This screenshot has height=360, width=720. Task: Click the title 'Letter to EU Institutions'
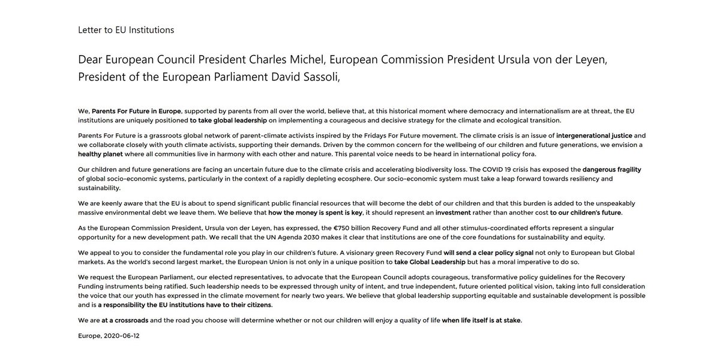(126, 29)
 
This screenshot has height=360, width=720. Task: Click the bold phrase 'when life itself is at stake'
(481, 320)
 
